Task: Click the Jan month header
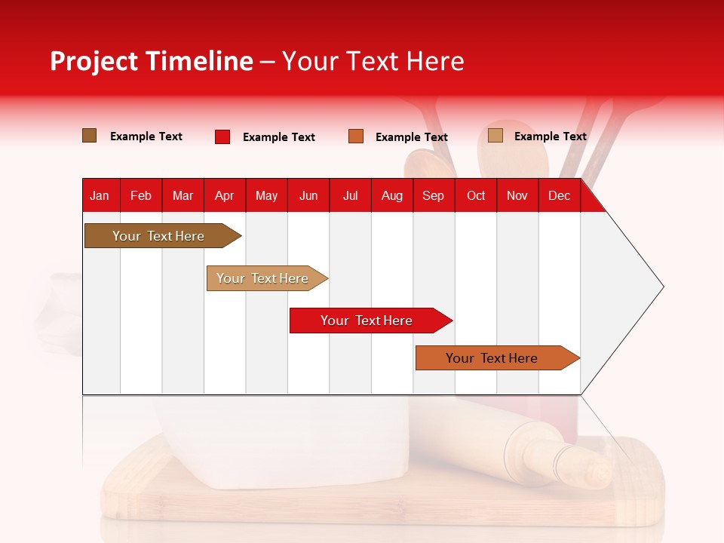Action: click(100, 196)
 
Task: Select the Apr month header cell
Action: click(224, 196)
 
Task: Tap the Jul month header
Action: click(350, 196)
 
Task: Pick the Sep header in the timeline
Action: click(433, 196)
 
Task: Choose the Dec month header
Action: click(559, 196)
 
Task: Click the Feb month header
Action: click(141, 196)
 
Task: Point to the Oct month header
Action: click(476, 196)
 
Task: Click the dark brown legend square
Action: click(90, 136)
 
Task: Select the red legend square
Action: click(222, 137)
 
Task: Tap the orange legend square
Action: click(356, 137)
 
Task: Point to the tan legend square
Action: click(495, 136)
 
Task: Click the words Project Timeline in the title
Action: click(152, 61)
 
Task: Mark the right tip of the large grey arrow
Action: click(662, 287)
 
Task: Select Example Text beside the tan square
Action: click(550, 137)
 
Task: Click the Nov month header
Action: click(517, 196)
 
